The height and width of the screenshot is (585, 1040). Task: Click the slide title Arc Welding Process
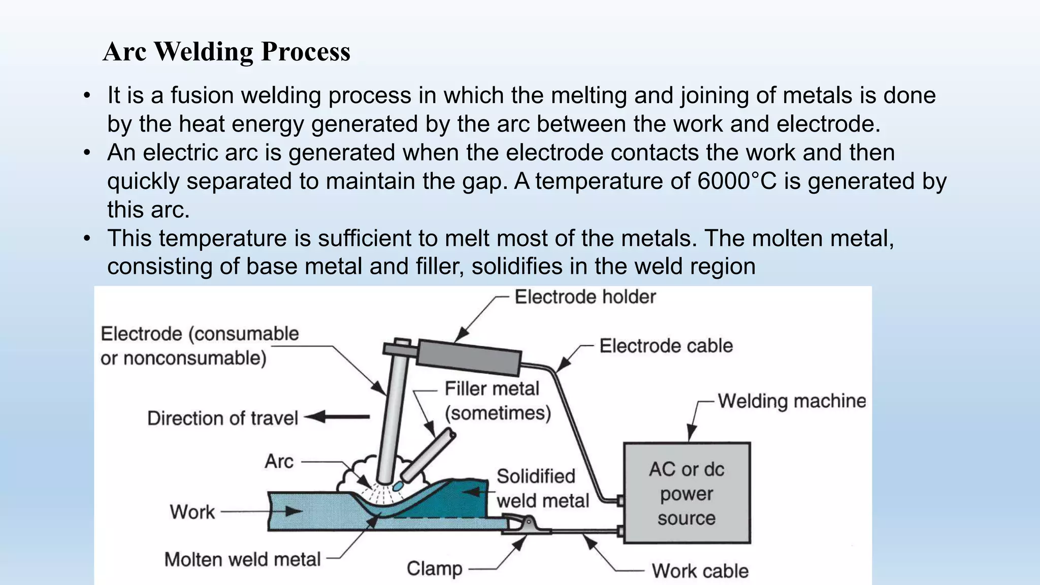click(226, 51)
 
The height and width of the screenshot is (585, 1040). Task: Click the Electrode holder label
click(585, 297)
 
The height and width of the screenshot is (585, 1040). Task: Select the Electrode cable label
click(666, 346)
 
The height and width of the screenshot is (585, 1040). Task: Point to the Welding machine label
click(791, 401)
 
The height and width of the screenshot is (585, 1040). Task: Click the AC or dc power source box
click(687, 493)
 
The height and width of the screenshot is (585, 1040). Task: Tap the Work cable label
click(700, 571)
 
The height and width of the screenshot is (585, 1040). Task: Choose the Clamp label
click(435, 569)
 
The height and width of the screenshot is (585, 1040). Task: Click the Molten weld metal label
click(242, 560)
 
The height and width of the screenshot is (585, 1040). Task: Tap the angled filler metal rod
click(429, 454)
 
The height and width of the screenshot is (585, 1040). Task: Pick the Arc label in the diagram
click(279, 462)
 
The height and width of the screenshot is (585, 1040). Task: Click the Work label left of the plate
click(192, 512)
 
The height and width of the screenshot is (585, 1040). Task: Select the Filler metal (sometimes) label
click(497, 401)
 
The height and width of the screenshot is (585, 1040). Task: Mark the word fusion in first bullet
click(202, 95)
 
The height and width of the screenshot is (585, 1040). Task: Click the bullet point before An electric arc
click(87, 153)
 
